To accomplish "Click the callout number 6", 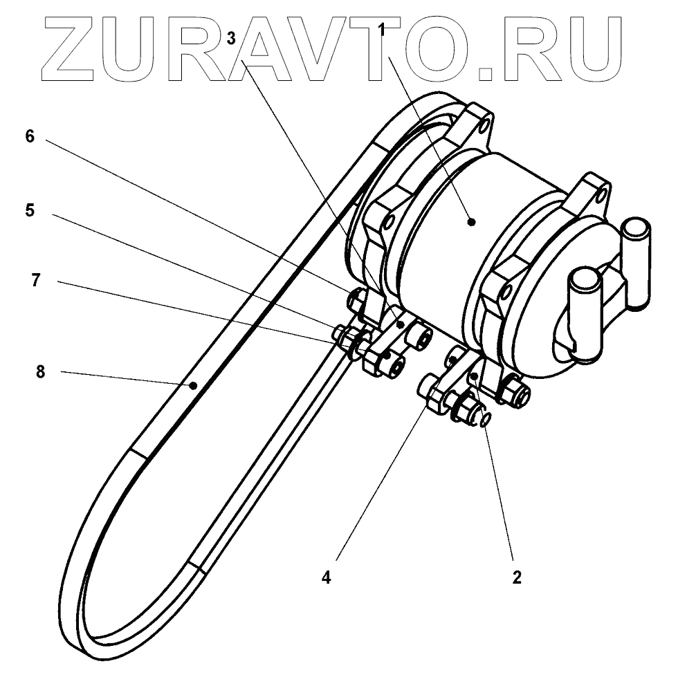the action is pyautogui.click(x=29, y=136).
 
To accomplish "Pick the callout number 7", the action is pyautogui.click(x=36, y=279).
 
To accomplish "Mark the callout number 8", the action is pyautogui.click(x=40, y=371).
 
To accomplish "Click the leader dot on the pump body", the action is pyautogui.click(x=471, y=222).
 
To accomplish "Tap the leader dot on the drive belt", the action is pyautogui.click(x=194, y=384).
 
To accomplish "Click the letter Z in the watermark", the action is pyautogui.click(x=72, y=47).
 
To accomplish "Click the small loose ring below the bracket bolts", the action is pyautogui.click(x=486, y=419).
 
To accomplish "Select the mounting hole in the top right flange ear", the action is pyautogui.click(x=605, y=190).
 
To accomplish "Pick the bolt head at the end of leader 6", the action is pyautogui.click(x=356, y=298).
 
